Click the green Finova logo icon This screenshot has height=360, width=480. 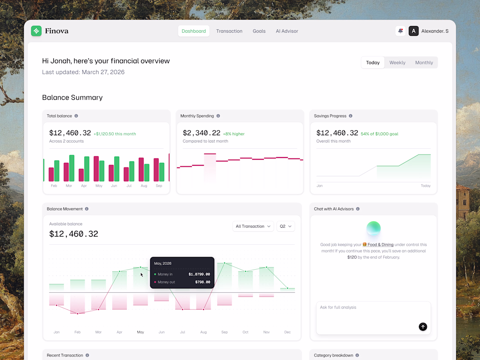36,31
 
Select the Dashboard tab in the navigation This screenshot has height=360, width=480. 193,31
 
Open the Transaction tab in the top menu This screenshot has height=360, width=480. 229,31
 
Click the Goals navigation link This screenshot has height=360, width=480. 259,31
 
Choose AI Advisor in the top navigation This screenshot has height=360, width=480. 287,31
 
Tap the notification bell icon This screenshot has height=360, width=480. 401,31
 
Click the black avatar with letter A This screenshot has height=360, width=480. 414,31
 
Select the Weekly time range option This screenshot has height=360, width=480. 398,62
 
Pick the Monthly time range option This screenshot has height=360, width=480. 424,62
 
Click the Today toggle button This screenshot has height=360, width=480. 373,62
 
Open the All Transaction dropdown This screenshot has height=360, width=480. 253,226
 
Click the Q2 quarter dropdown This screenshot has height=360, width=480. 286,226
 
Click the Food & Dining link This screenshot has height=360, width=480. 380,245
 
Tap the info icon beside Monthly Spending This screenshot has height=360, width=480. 218,116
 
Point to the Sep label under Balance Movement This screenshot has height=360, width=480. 224,332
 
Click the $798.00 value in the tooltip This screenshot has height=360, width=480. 202,282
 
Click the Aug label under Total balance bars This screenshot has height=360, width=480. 144,185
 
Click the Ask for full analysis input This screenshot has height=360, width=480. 374,318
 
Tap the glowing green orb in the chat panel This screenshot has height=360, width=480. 374,228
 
